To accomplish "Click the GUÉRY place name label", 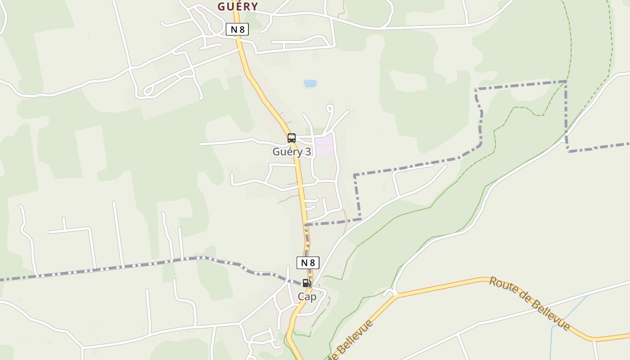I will coord(238,6).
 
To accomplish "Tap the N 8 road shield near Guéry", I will coord(237,30).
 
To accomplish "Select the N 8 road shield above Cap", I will coord(308,263).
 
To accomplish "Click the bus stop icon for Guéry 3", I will coord(292,138).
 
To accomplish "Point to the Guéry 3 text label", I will coord(292,152).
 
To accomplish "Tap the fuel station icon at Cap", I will coord(306,283).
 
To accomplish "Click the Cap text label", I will coord(307,297).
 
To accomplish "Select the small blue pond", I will coord(310,84).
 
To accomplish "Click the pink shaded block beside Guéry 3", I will coord(324,145).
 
